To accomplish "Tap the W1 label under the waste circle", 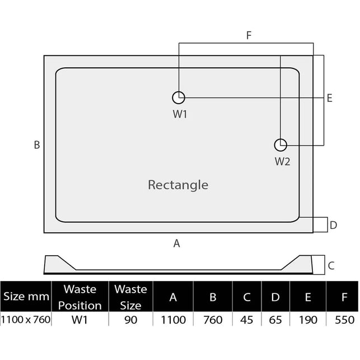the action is [180, 114].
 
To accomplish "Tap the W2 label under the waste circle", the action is [282, 161].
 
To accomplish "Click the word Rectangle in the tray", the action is [178, 185].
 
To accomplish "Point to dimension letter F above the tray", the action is [249, 35].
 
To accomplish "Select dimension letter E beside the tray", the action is [329, 98].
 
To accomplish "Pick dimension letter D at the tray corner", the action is [333, 225].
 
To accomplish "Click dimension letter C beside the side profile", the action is [331, 265].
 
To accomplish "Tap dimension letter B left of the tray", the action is [37, 145].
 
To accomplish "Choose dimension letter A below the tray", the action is [176, 244].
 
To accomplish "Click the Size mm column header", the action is [26, 296].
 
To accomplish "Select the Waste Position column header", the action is [80, 297].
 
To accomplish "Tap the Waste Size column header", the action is [130, 297].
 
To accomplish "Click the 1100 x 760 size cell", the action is [26, 320].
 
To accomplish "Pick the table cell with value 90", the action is [131, 320].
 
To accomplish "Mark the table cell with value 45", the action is [246, 320].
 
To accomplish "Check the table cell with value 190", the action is [308, 320].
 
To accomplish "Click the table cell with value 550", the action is [345, 320].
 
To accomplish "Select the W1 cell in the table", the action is [80, 320].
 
